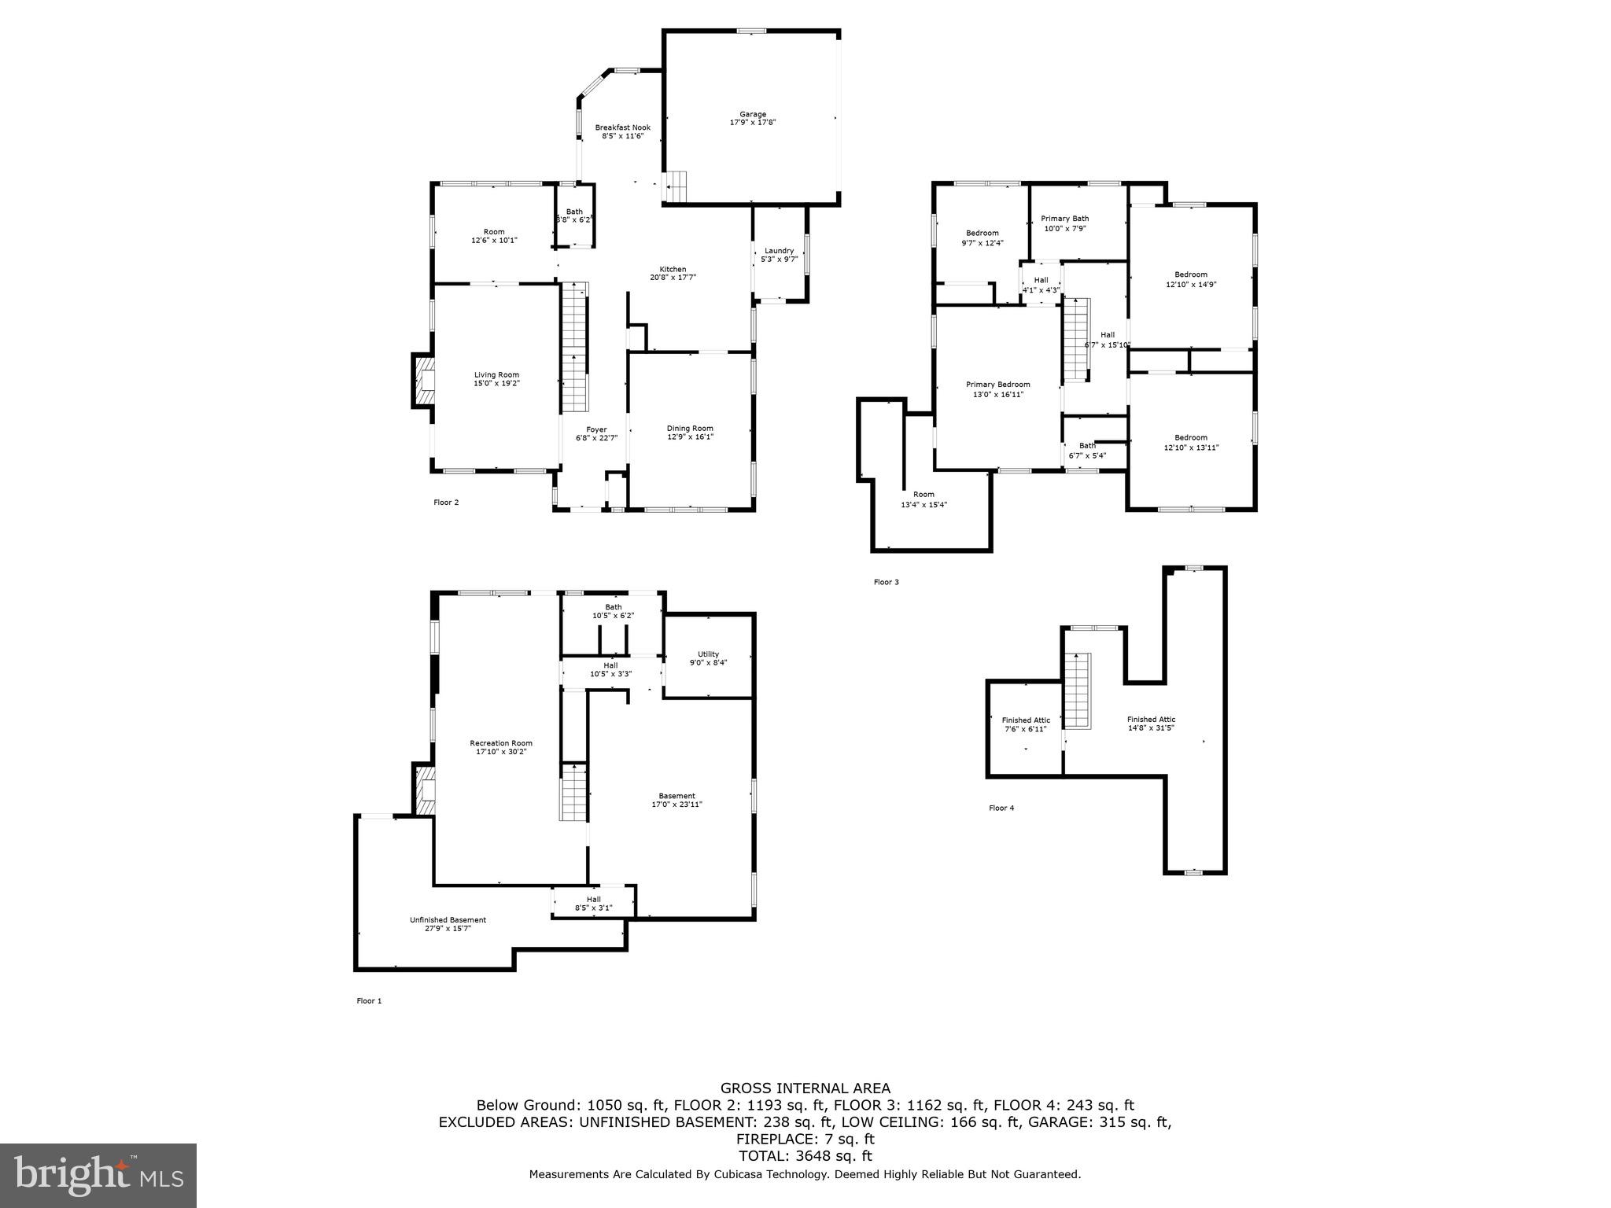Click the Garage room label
[x=752, y=115]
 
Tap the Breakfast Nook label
[x=622, y=127]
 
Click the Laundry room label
[x=779, y=251]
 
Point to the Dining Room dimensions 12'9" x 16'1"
[x=690, y=437]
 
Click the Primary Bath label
[x=1064, y=219]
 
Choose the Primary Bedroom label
[x=997, y=385]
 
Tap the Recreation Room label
[x=500, y=743]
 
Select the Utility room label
[x=708, y=654]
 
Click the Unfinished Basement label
[x=448, y=920]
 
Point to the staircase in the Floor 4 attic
[x=1078, y=691]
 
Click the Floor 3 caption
[x=886, y=582]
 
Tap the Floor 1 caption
[x=369, y=1001]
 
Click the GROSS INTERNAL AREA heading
[x=805, y=1088]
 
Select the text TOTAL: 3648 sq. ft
[x=805, y=1156]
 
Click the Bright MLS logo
[x=98, y=1176]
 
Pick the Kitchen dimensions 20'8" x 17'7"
[x=673, y=278]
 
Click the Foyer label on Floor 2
[x=595, y=429]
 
